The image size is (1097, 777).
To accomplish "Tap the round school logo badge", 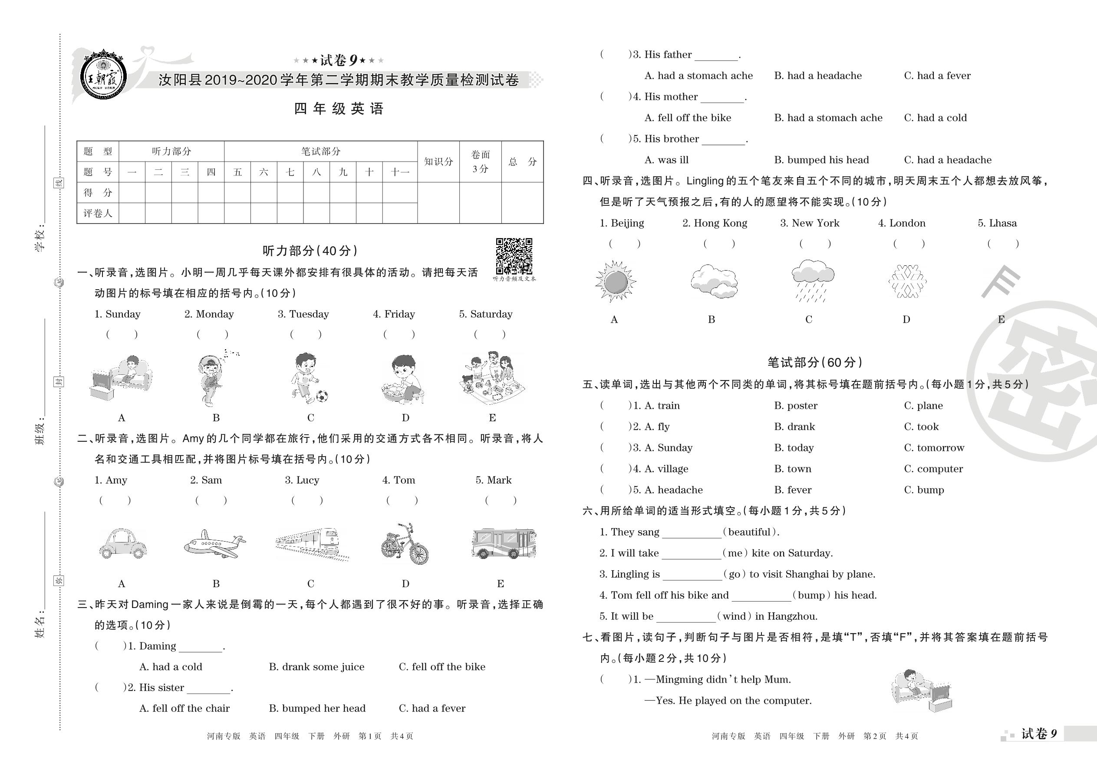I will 103,76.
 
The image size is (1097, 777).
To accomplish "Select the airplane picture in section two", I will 215,544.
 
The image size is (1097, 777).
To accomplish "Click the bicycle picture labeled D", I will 405,544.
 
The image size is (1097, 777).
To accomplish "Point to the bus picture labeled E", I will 504,544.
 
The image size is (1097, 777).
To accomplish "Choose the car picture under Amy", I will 122,544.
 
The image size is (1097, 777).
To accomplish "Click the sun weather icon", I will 615,282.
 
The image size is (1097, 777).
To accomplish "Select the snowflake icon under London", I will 907,282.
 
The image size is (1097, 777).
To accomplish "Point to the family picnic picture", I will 491,378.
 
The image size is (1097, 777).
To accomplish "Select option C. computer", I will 933,469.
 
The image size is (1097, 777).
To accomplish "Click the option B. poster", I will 796,406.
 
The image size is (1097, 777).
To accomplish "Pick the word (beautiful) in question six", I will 749,532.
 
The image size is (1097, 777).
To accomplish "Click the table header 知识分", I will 438,162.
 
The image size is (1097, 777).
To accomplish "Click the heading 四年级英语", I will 339,109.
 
